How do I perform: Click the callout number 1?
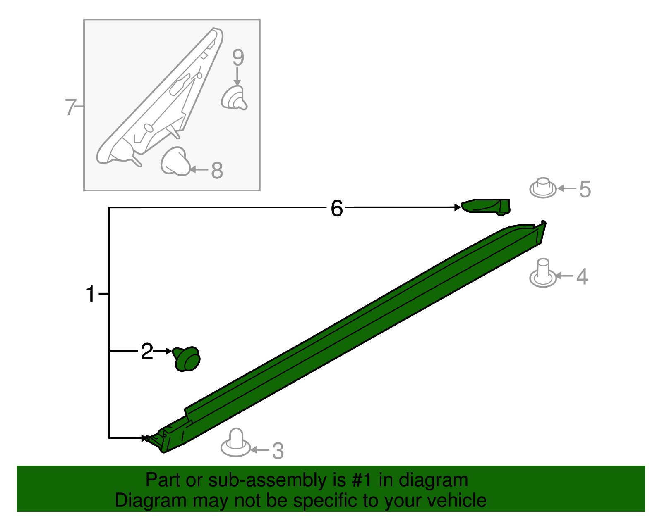pyautogui.click(x=91, y=294)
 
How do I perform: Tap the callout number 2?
pyautogui.click(x=147, y=352)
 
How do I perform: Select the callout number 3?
pyautogui.click(x=278, y=451)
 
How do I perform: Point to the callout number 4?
pyautogui.click(x=582, y=277)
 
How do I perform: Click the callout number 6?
pyautogui.click(x=337, y=208)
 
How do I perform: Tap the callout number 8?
pyautogui.click(x=217, y=170)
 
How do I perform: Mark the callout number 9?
pyautogui.click(x=238, y=57)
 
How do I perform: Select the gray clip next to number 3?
pyautogui.click(x=235, y=443)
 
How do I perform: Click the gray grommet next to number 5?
pyautogui.click(x=543, y=188)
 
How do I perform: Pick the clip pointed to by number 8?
pyautogui.click(x=175, y=162)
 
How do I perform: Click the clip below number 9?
pyautogui.click(x=234, y=97)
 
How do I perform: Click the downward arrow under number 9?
pyautogui.click(x=237, y=76)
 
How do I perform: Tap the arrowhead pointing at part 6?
pyautogui.click(x=458, y=207)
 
